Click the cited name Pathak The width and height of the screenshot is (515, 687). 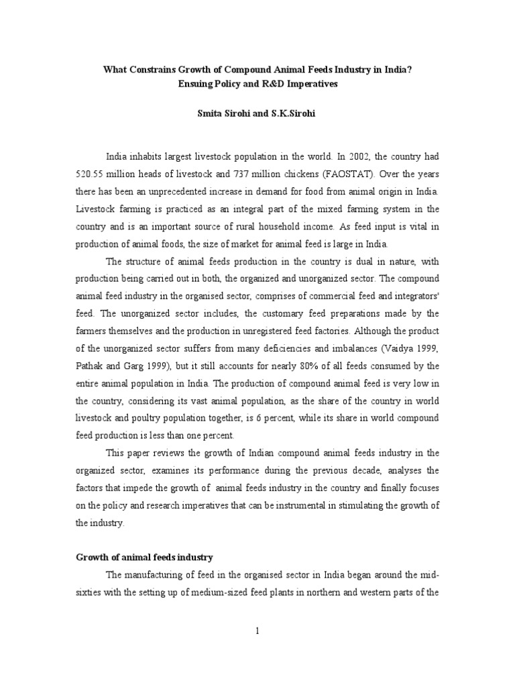point(90,366)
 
